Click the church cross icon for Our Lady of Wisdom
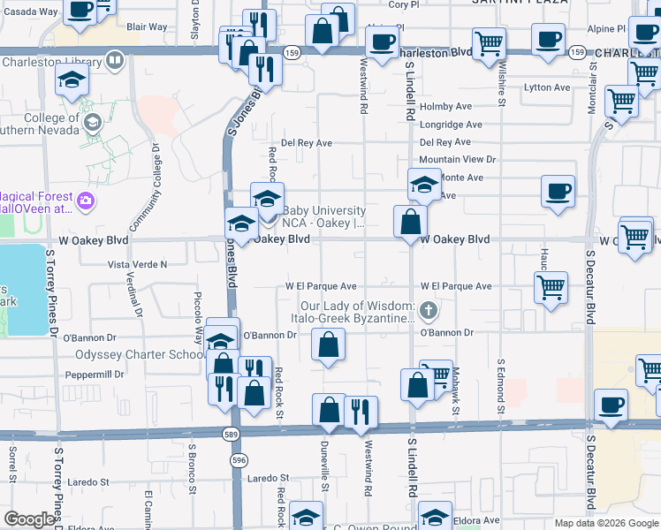click(429, 309)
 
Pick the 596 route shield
click(238, 460)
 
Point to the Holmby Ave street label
click(445, 107)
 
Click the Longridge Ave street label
click(451, 125)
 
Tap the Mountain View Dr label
click(458, 160)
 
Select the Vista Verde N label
click(137, 264)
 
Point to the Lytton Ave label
click(548, 87)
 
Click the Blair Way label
click(147, 26)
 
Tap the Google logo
click(29, 519)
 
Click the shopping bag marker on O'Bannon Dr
click(328, 345)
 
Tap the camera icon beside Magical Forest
click(85, 201)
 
